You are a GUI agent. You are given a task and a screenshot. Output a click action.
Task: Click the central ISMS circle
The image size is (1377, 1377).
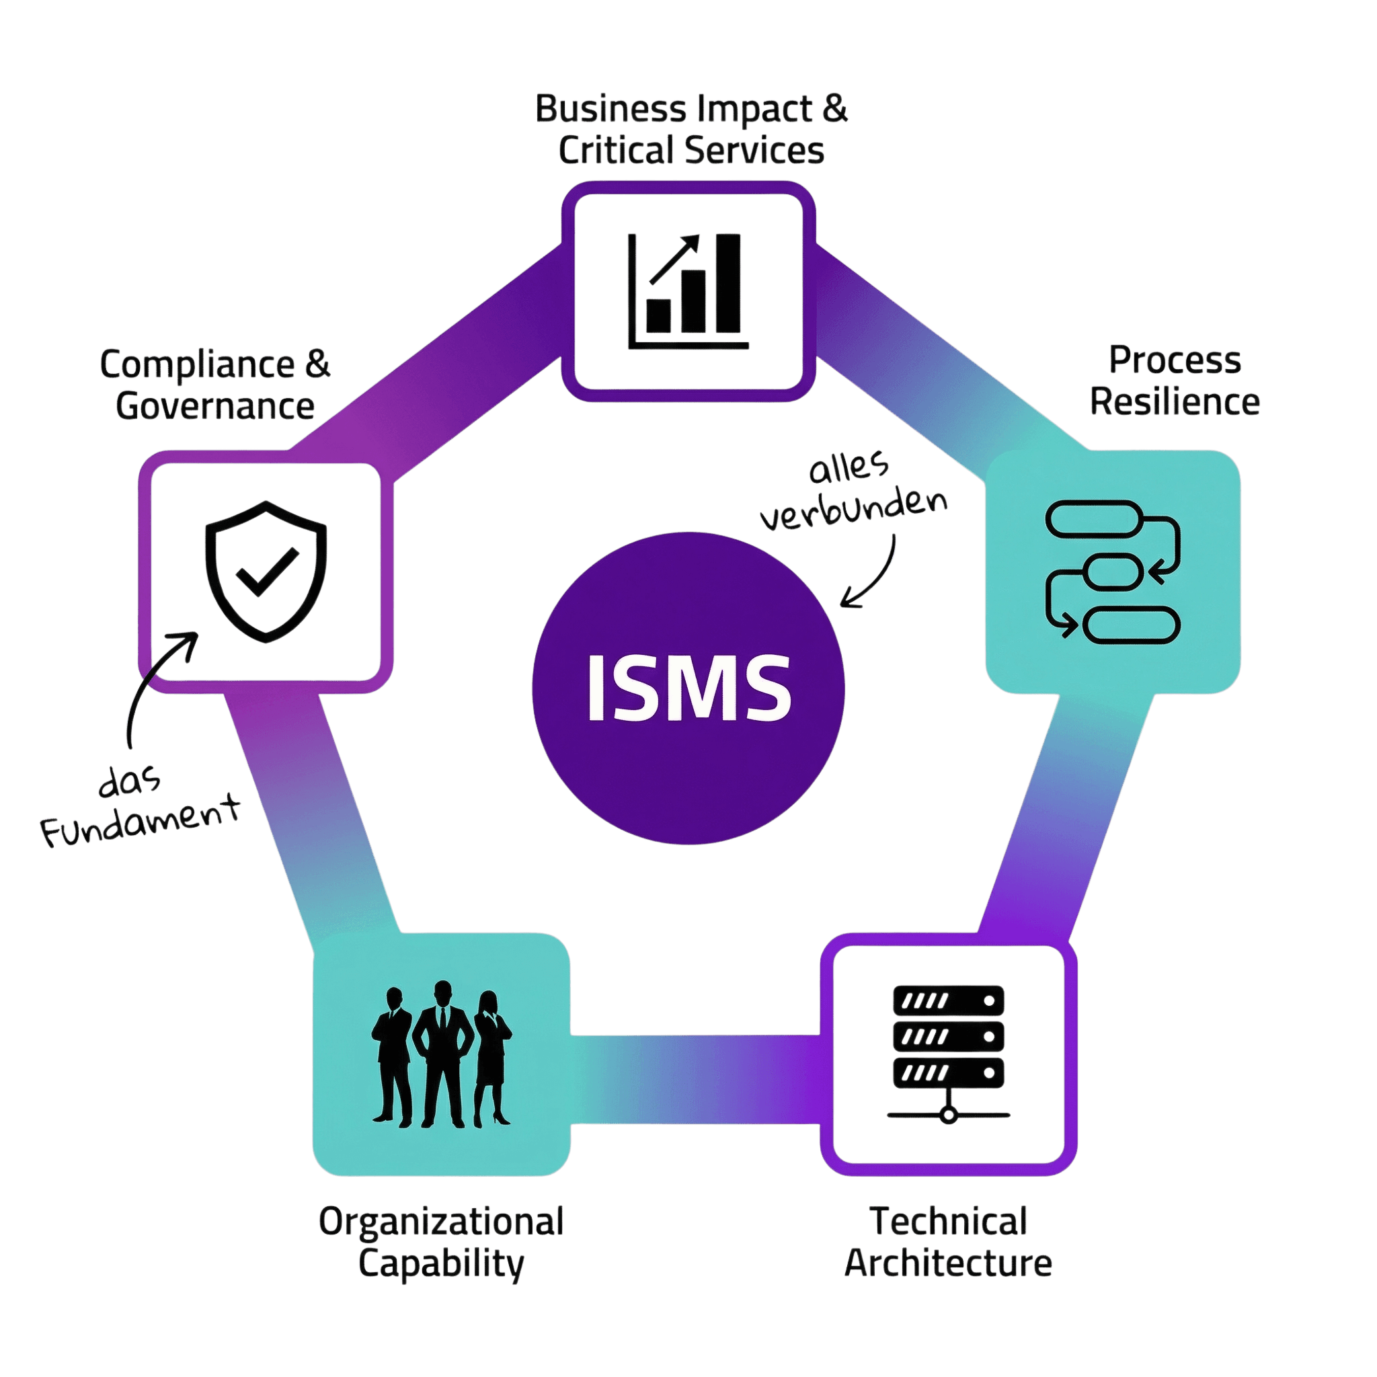[x=688, y=688]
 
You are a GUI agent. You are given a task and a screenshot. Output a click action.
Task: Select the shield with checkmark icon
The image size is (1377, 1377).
[x=266, y=571]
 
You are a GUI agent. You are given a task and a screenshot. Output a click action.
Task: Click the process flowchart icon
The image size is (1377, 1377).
[x=1112, y=570]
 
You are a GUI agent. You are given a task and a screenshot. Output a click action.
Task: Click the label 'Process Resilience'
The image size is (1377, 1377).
[x=1175, y=381]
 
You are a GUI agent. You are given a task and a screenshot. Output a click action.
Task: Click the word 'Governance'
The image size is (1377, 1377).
[x=215, y=406]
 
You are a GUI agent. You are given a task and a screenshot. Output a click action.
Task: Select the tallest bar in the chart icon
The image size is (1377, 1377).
[x=728, y=284]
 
